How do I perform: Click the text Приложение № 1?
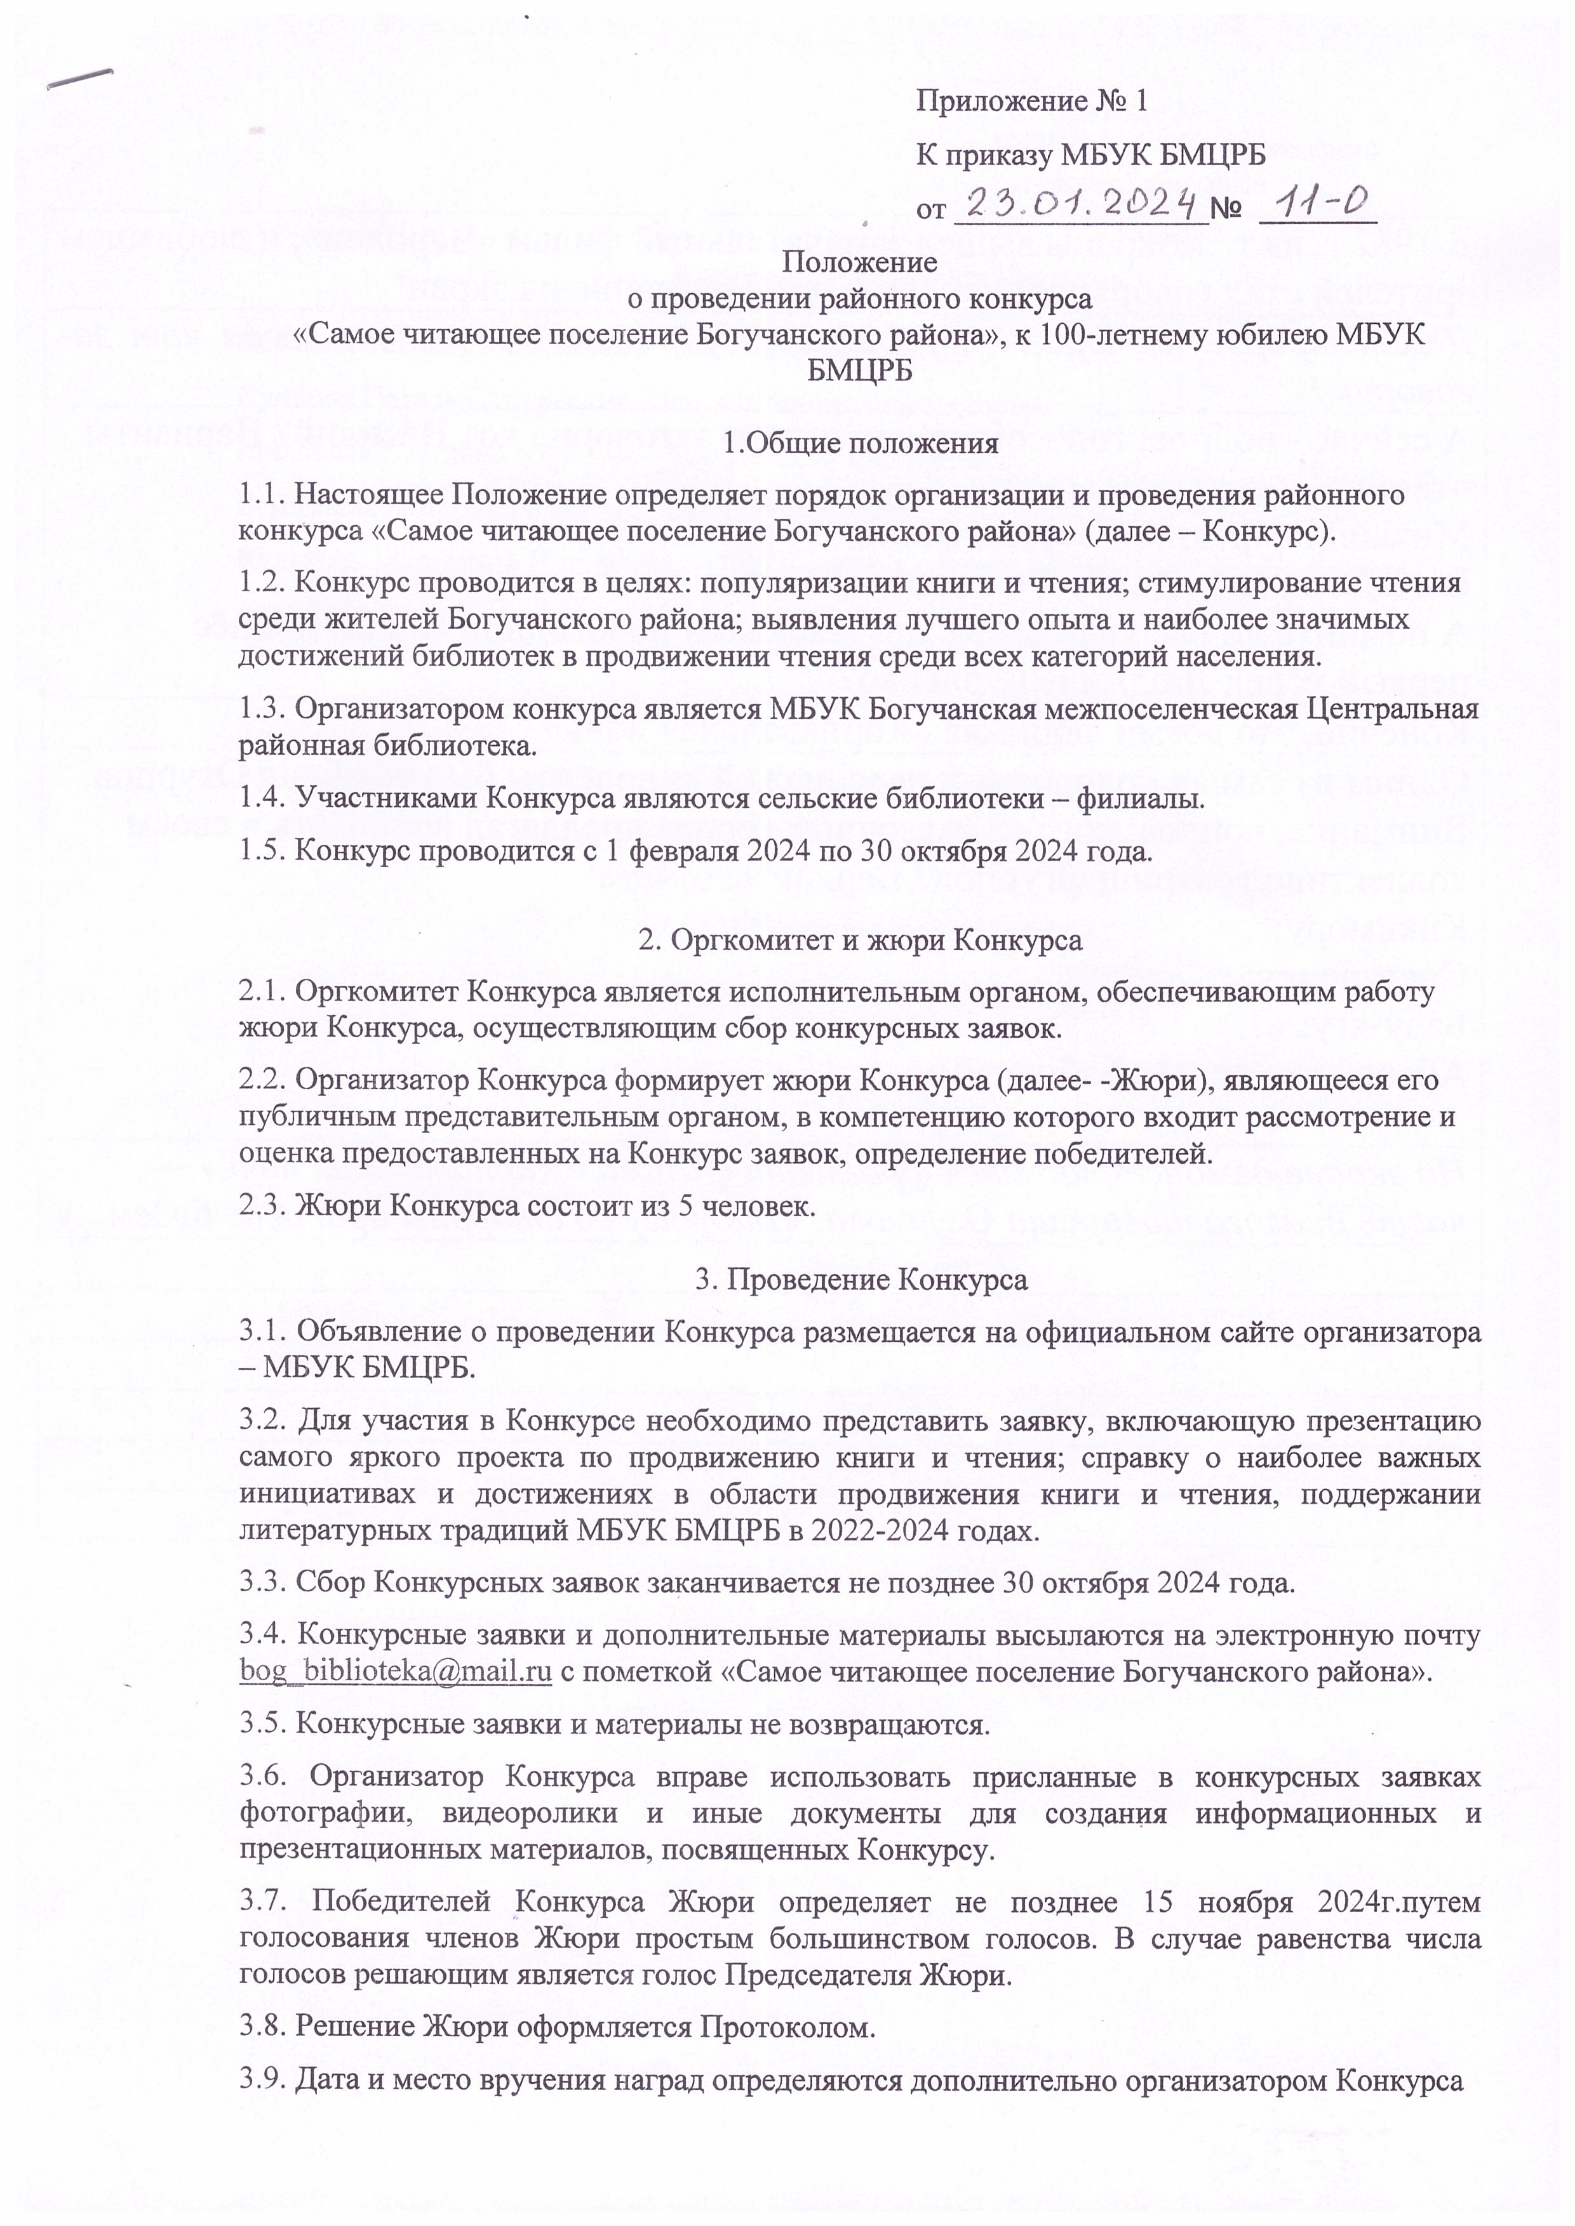click(x=1032, y=101)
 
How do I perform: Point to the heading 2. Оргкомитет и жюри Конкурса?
click(x=861, y=941)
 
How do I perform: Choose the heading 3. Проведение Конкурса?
click(x=861, y=1280)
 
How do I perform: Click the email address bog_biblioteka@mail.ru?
click(x=396, y=1671)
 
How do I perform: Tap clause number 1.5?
click(x=263, y=852)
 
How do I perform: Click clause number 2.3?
click(x=263, y=1207)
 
